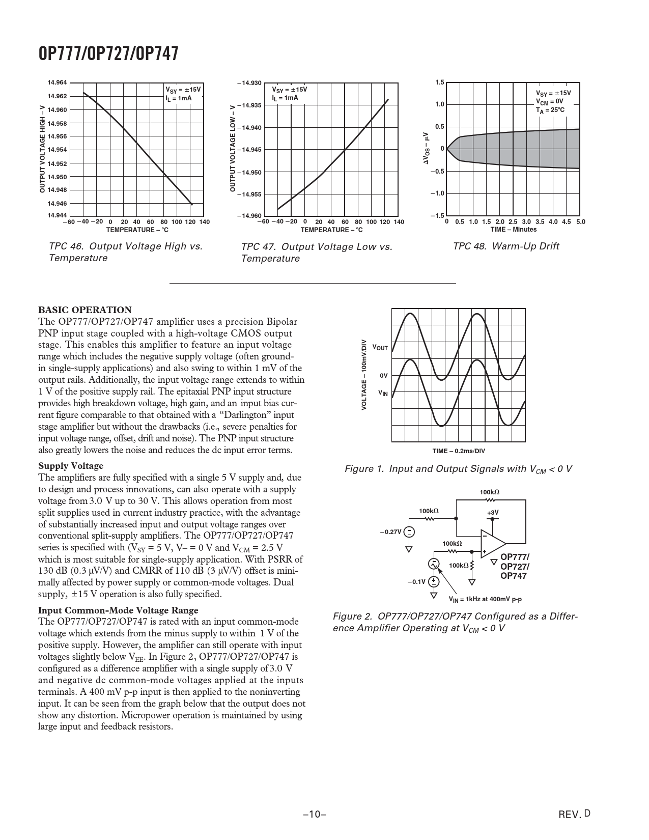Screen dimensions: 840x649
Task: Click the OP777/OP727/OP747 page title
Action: pos(108,53)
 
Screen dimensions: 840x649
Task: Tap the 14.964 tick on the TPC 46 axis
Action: pos(58,82)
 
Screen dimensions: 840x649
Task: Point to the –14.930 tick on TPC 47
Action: pos(249,82)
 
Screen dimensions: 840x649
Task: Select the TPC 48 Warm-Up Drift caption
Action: pos(505,246)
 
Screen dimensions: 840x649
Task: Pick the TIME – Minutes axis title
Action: pos(513,230)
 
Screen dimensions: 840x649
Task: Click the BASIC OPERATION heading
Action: pos(85,310)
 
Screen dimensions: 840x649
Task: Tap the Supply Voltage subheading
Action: pos(71,466)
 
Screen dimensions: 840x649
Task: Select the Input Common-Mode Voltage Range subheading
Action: pos(118,610)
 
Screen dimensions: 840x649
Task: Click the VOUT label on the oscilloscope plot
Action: pos(380,348)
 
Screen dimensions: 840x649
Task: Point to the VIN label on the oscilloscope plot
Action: pos(383,394)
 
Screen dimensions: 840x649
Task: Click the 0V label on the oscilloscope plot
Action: pos(384,376)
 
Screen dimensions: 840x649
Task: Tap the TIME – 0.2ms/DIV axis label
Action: pos(459,451)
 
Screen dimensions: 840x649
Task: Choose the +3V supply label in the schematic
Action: pos(492,512)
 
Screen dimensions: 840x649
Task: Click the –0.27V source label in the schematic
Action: pos(390,531)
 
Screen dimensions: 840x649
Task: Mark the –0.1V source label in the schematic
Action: pos(416,582)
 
